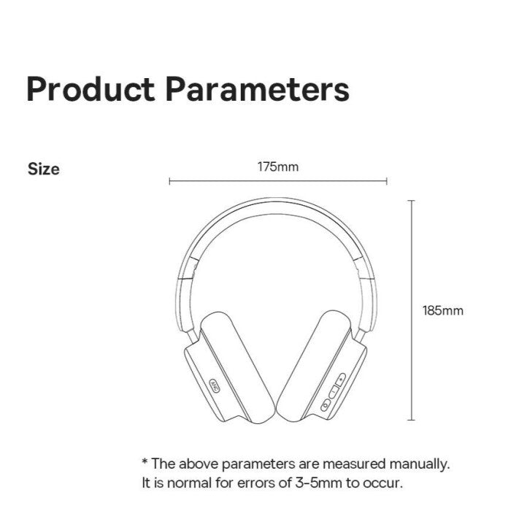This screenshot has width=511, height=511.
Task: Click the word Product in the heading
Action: (91, 89)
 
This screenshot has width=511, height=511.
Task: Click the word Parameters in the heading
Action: (258, 88)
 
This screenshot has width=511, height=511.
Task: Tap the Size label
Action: (44, 169)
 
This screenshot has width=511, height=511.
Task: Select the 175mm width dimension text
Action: (278, 167)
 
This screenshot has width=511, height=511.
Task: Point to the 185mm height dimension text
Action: (443, 310)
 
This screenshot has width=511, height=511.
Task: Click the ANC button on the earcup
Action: (215, 385)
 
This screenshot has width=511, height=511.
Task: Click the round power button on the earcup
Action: (326, 406)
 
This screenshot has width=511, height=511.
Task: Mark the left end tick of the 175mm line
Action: (169, 181)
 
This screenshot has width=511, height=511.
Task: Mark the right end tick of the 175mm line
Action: (386, 181)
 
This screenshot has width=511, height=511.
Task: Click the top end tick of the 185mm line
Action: (412, 201)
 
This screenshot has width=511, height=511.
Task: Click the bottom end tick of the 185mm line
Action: (412, 420)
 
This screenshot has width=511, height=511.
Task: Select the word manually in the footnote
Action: (420, 464)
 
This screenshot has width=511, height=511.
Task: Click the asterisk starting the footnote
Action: (145, 461)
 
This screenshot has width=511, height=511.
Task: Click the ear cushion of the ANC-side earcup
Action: (238, 365)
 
